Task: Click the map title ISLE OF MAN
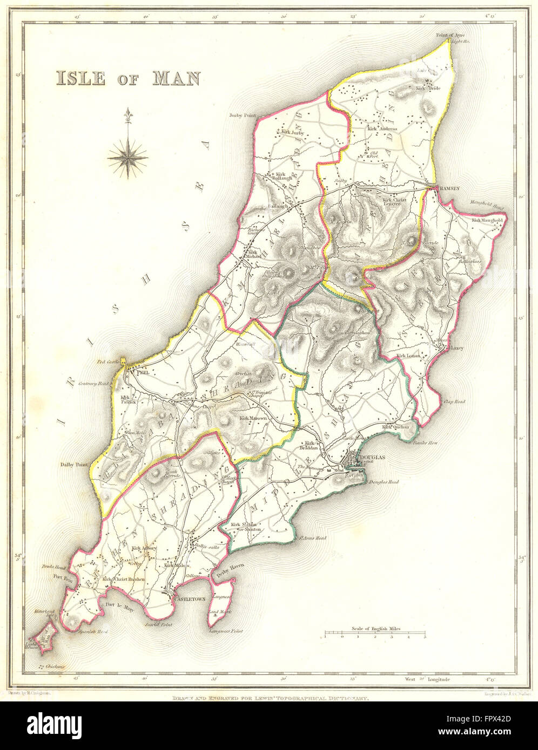tap(127, 78)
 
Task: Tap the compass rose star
tap(128, 157)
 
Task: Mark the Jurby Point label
tap(241, 115)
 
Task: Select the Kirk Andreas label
tap(382, 129)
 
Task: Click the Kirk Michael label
tap(254, 254)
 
